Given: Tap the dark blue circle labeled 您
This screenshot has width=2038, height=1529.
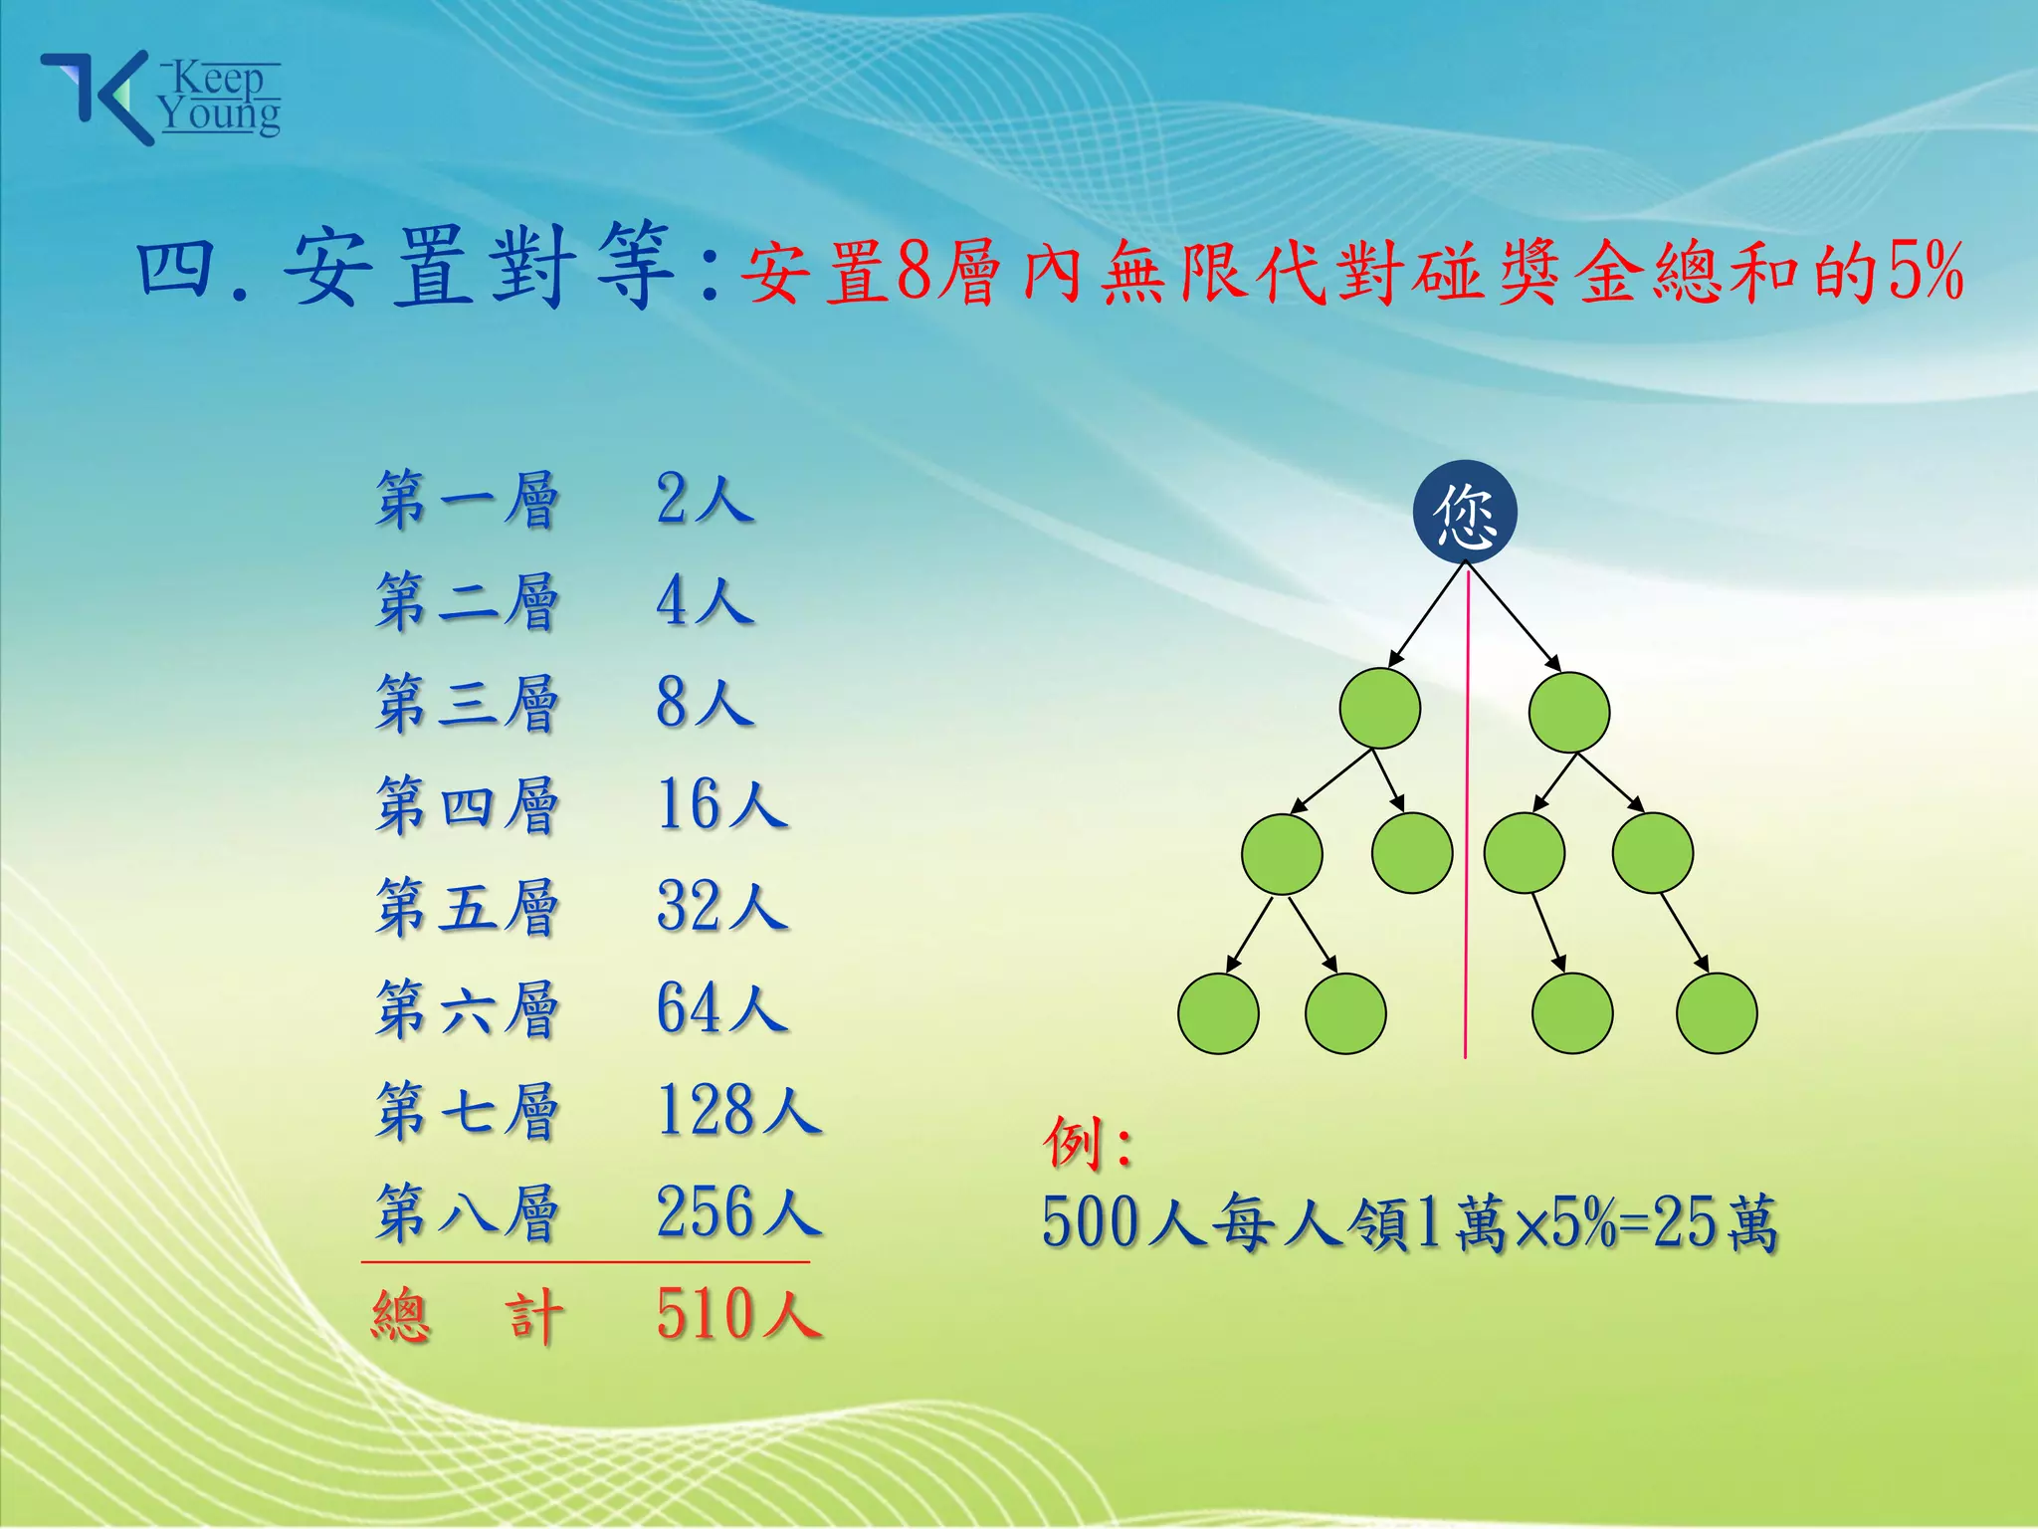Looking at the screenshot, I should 1465,512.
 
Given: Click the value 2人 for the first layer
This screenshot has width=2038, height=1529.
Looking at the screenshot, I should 705,500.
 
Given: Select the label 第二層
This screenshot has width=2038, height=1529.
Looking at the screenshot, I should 467,602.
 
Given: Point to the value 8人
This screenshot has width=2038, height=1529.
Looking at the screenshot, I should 705,703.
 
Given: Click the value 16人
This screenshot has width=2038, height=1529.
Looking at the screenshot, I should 721,805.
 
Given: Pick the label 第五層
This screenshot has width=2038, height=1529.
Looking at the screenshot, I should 467,907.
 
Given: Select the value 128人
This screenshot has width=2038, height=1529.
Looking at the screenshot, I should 738,1111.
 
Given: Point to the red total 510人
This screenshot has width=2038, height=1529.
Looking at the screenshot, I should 738,1315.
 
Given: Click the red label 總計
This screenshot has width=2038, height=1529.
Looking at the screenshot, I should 467,1315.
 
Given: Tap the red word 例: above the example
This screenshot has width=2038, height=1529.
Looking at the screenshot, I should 1087,1144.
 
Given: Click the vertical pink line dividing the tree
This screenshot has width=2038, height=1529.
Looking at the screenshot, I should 1466,896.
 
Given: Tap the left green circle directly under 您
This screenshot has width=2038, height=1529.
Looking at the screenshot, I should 1379,709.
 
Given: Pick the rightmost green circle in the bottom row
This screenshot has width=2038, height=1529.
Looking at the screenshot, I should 1716,1013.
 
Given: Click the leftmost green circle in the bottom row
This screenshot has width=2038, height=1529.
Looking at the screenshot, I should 1218,1013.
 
